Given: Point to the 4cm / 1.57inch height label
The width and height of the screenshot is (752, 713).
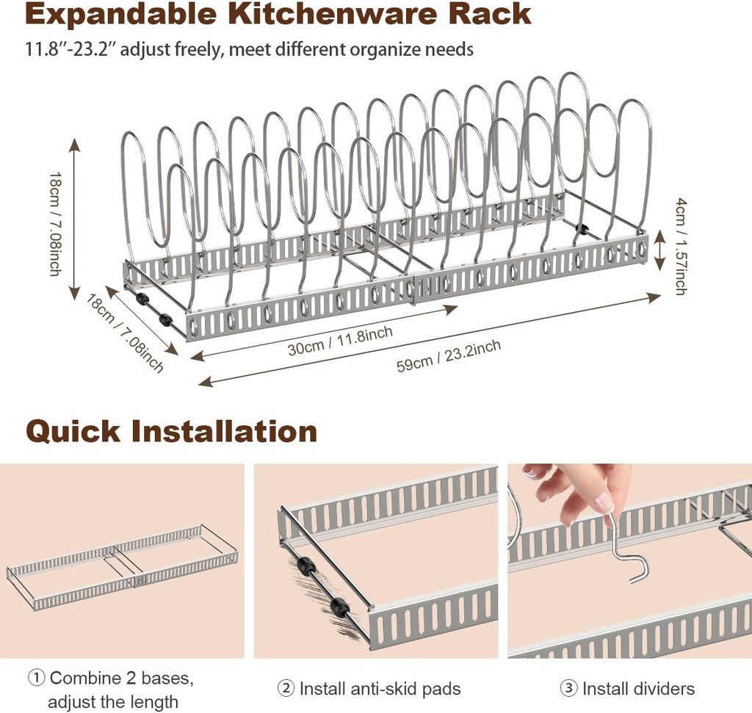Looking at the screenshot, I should point(680,245).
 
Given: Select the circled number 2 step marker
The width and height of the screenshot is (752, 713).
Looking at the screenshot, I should point(286,689).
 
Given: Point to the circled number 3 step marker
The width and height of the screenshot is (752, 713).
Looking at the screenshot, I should point(568,689).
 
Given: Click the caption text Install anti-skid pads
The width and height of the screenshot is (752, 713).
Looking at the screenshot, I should point(380,689).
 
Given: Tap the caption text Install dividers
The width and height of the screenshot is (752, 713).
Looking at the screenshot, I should point(638,689).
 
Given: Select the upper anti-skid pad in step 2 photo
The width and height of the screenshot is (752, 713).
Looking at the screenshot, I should point(305,568).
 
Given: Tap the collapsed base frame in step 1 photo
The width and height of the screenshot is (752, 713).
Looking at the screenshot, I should point(121,566).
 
